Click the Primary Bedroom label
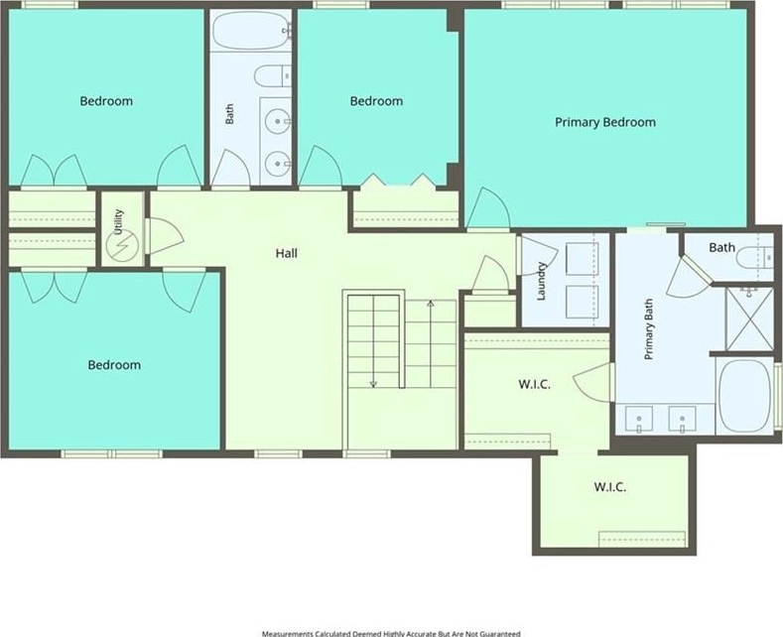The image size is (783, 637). tap(605, 122)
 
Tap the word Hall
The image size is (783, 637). tap(287, 254)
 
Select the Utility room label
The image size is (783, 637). tap(118, 222)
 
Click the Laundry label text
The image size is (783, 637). tap(541, 282)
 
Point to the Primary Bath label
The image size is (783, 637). tap(649, 329)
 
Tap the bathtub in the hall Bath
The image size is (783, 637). tap(251, 31)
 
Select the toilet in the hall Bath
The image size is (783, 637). tap(273, 76)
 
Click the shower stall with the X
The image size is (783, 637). tap(748, 318)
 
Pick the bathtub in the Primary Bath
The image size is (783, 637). tap(744, 395)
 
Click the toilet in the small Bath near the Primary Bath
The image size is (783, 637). tap(754, 258)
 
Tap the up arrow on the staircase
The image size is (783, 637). tap(431, 343)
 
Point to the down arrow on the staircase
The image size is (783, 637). tap(373, 341)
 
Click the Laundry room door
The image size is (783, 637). tap(538, 256)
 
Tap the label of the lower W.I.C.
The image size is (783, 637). tap(609, 487)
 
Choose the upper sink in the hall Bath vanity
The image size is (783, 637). tap(277, 121)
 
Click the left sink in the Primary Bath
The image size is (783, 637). tap(639, 419)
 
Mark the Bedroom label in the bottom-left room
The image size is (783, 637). tap(114, 365)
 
